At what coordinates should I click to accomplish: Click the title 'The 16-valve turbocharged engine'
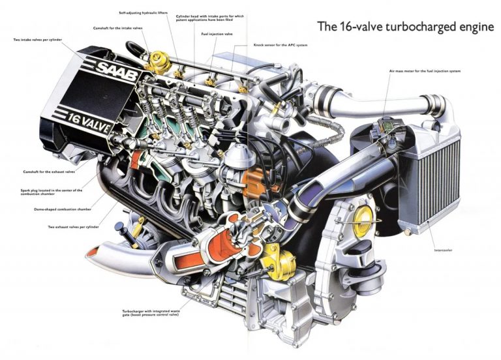[405, 27]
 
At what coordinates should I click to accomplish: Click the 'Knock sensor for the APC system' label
[280, 45]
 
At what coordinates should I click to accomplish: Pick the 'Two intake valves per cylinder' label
[40, 40]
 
